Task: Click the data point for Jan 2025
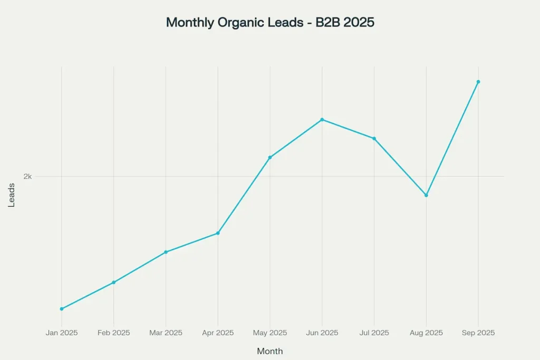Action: (x=62, y=309)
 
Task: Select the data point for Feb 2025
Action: (x=113, y=283)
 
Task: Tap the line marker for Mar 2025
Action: (x=166, y=252)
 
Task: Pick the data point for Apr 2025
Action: (x=218, y=233)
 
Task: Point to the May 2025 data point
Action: (x=270, y=157)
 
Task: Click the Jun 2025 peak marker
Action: (x=322, y=120)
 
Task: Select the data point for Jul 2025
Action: (x=374, y=139)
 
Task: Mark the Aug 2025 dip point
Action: (x=426, y=195)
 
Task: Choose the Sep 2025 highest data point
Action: (x=478, y=82)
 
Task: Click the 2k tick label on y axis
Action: (x=27, y=177)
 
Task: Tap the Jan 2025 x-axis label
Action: (x=62, y=333)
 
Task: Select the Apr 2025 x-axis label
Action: (x=218, y=333)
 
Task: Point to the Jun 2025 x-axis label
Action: (x=322, y=333)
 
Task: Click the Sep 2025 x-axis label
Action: (x=478, y=333)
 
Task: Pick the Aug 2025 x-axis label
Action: (x=426, y=333)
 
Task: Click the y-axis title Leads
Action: (x=12, y=194)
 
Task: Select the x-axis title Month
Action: (x=270, y=351)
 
